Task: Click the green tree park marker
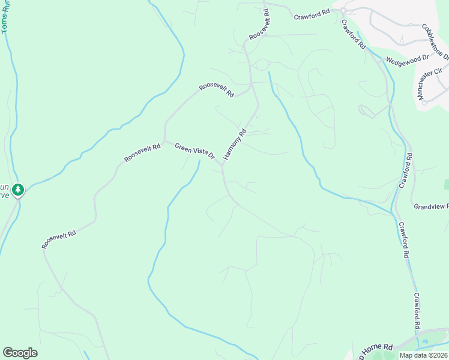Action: [19, 190]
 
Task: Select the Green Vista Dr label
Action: [195, 150]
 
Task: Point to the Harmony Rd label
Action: [235, 145]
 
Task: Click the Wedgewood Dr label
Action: [407, 59]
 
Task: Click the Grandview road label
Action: [431, 206]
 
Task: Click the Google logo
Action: [20, 353]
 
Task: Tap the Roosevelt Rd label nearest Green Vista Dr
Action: [142, 153]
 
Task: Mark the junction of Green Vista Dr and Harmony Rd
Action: [222, 165]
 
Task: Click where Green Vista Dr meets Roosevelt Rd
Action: [164, 140]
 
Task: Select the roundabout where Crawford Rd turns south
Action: [343, 11]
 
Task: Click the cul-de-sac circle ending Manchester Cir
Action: [424, 102]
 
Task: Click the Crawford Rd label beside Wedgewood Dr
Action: [354, 34]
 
